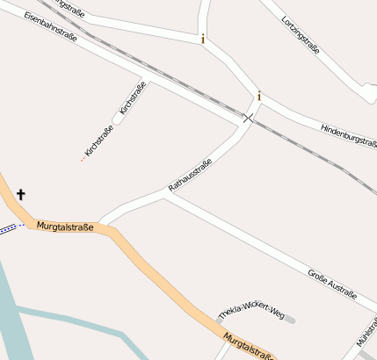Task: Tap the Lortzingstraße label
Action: (301, 34)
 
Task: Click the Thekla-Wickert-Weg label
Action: (251, 312)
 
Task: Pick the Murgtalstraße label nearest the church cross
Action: (65, 227)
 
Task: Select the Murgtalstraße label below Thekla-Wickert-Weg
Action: (248, 346)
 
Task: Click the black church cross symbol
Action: (20, 194)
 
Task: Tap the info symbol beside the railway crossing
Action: (259, 96)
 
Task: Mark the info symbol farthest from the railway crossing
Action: (203, 39)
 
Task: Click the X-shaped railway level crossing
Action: (249, 117)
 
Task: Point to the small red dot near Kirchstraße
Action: (83, 160)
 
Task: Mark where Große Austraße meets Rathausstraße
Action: (167, 195)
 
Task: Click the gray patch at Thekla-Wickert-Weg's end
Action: (290, 320)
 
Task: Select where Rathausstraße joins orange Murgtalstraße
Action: (100, 223)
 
